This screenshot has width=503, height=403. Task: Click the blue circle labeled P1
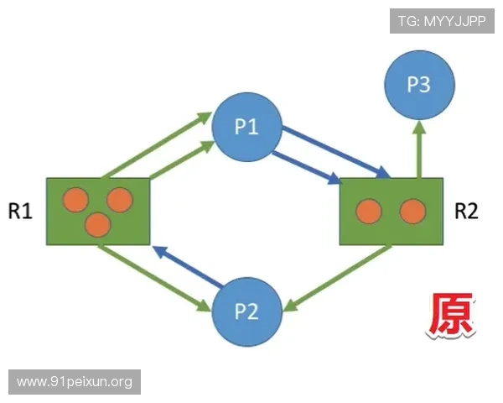(x=246, y=127)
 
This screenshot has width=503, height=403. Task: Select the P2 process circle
(x=246, y=311)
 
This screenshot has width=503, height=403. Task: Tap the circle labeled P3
(x=420, y=85)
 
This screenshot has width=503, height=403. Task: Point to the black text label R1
(x=20, y=212)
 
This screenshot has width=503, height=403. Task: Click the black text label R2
(x=466, y=212)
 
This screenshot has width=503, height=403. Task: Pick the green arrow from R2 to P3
(x=419, y=149)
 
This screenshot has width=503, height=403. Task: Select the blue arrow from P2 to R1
(x=188, y=266)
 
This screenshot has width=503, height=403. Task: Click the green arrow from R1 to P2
(x=154, y=278)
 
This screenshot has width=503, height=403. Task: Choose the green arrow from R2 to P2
(x=338, y=278)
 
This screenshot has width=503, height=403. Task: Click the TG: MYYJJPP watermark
(x=442, y=21)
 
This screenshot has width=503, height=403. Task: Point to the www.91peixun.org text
(x=75, y=382)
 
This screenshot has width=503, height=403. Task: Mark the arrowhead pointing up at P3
(x=419, y=128)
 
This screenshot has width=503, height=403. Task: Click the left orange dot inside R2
(x=369, y=211)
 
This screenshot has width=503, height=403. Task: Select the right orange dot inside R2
(x=412, y=211)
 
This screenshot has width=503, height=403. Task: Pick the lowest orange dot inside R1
(x=98, y=225)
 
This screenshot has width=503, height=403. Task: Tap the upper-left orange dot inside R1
(x=75, y=200)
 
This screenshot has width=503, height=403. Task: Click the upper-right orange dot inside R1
(x=120, y=200)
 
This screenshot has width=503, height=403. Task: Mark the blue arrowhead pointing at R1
(x=160, y=251)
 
